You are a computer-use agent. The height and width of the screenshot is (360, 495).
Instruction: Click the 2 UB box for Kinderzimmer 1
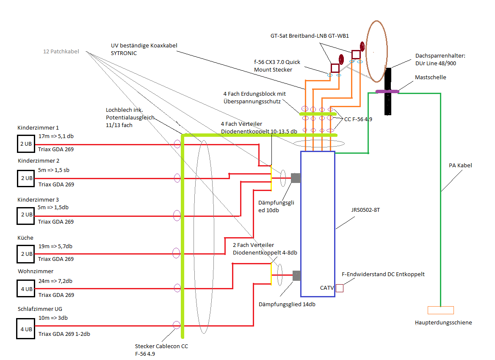click(x=25, y=144)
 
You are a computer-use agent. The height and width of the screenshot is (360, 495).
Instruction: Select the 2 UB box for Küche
click(x=25, y=254)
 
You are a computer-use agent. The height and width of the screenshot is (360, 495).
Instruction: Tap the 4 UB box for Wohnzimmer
click(x=25, y=289)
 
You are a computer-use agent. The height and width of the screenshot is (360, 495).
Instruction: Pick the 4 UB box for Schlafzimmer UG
click(x=25, y=329)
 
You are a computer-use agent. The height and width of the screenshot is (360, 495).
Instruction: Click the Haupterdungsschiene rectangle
click(x=440, y=310)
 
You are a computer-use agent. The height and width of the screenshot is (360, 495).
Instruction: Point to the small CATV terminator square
click(x=339, y=288)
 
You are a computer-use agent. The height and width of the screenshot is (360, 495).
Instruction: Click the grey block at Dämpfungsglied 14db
click(x=296, y=275)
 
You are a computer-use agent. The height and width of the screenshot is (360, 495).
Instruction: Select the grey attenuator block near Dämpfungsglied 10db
click(x=296, y=178)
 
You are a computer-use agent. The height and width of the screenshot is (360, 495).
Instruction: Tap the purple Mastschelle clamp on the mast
click(x=387, y=91)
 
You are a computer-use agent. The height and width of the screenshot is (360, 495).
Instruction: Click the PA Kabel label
click(x=460, y=165)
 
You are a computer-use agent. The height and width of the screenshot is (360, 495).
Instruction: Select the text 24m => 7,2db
click(x=55, y=281)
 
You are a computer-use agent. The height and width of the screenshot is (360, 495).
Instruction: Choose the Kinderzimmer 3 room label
click(x=38, y=199)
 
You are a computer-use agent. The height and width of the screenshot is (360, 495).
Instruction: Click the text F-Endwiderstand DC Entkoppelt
click(x=383, y=274)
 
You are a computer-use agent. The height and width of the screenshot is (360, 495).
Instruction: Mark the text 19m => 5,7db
click(x=55, y=246)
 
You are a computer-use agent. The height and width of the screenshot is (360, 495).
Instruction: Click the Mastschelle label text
click(x=431, y=78)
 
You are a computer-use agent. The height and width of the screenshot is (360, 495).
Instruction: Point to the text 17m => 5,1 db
click(x=56, y=136)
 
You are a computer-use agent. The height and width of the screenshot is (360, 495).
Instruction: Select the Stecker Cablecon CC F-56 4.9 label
click(x=161, y=349)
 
